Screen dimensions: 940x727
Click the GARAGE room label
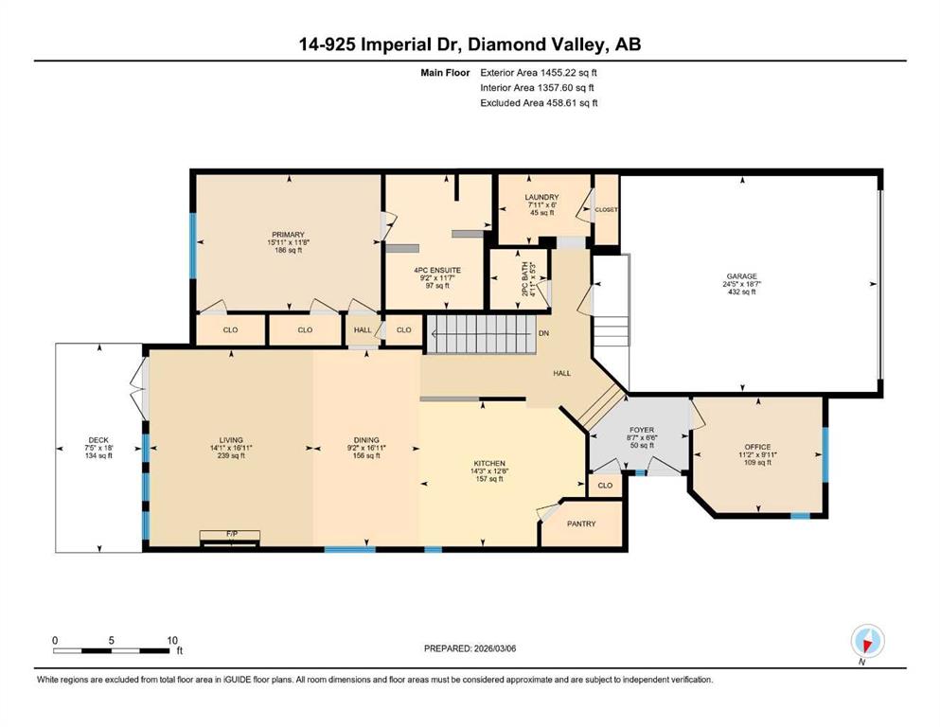pos(742,276)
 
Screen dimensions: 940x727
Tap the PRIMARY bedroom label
pos(289,235)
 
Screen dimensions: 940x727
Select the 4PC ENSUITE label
pos(437,271)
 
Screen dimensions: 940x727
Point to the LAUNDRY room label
pos(541,197)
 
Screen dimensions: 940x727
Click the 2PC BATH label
pos(525,278)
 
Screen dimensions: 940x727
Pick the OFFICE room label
pos(757,447)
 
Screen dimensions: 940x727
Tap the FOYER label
pos(642,430)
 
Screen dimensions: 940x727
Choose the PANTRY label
pos(581,523)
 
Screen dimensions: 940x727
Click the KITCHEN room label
pos(489,463)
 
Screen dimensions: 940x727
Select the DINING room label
pos(366,440)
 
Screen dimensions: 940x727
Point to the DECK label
pos(98,440)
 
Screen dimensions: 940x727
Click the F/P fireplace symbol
pos(230,538)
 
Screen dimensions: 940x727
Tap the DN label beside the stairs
pos(543,333)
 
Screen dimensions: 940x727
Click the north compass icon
pos(867,642)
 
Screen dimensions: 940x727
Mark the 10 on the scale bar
pos(172,640)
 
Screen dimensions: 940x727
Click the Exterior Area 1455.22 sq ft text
pos(539,73)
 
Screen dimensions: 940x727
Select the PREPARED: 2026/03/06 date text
pos(470,648)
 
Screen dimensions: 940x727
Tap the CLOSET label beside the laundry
pos(606,210)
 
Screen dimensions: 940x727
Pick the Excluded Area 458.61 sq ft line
pos(539,102)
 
